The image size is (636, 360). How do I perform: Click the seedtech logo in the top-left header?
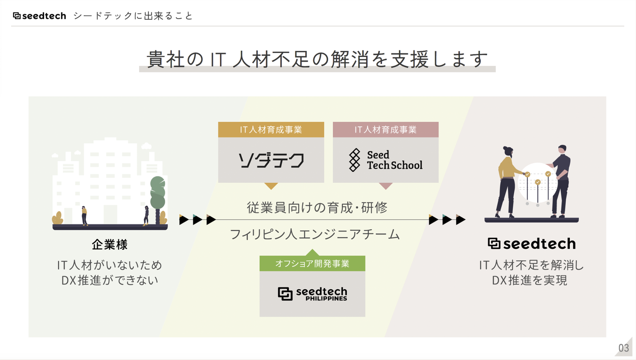[x=39, y=16]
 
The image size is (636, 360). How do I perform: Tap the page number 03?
[x=624, y=348]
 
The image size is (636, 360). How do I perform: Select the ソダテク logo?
[x=271, y=160]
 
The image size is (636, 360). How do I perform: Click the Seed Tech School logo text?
[x=394, y=160]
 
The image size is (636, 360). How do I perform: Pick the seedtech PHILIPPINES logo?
[x=312, y=294]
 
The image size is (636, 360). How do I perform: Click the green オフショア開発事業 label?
[x=312, y=264]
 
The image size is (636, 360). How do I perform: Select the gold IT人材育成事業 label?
[x=271, y=130]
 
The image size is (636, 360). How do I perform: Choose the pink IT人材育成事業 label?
[x=386, y=130]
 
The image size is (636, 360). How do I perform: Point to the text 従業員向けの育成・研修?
[x=317, y=207]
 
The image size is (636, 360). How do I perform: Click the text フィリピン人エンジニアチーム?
[x=314, y=234]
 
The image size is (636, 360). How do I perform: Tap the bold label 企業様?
[x=110, y=244]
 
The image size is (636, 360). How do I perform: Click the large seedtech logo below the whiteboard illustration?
[x=531, y=244]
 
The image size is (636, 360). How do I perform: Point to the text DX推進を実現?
[x=531, y=280]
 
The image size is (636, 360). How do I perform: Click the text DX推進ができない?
[x=110, y=280]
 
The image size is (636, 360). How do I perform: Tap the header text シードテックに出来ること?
[x=133, y=16]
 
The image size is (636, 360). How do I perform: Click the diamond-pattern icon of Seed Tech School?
[x=354, y=160]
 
